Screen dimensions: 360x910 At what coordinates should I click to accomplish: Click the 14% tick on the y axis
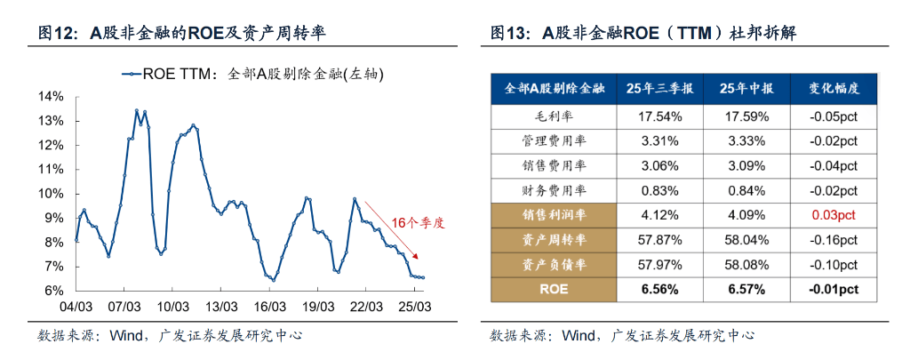click(x=51, y=96)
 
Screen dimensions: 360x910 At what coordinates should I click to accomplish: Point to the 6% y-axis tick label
click(x=53, y=291)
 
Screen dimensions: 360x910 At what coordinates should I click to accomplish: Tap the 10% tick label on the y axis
click(x=51, y=194)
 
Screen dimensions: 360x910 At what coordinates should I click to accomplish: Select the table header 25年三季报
click(x=659, y=89)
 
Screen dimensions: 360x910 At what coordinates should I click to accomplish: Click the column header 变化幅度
click(x=834, y=89)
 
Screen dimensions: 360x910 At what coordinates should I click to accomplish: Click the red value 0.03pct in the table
click(x=834, y=214)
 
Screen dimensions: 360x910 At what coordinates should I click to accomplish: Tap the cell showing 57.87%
click(x=659, y=239)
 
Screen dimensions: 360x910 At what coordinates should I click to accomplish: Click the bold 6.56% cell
click(x=659, y=289)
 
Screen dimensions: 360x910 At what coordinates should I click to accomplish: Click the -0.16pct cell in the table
click(x=834, y=239)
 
